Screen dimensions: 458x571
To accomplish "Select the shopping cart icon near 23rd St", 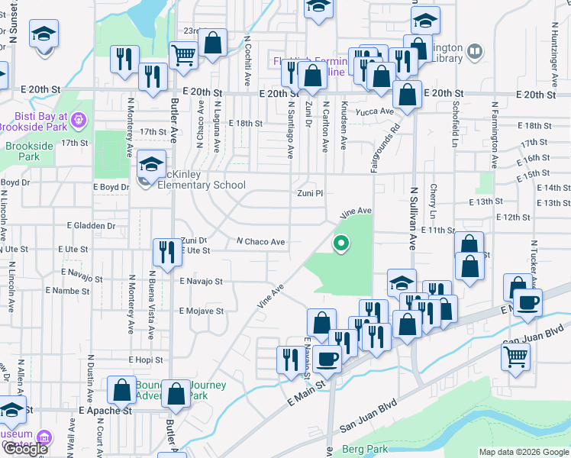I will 183,55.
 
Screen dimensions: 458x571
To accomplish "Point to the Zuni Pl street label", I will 311,194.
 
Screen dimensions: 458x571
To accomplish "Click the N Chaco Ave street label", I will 260,242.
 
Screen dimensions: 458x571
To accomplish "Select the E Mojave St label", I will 201,311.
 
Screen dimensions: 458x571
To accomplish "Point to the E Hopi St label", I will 147,359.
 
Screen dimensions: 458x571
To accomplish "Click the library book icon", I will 475,51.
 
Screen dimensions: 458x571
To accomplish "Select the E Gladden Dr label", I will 91,226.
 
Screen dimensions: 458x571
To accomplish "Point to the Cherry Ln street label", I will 433,199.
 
